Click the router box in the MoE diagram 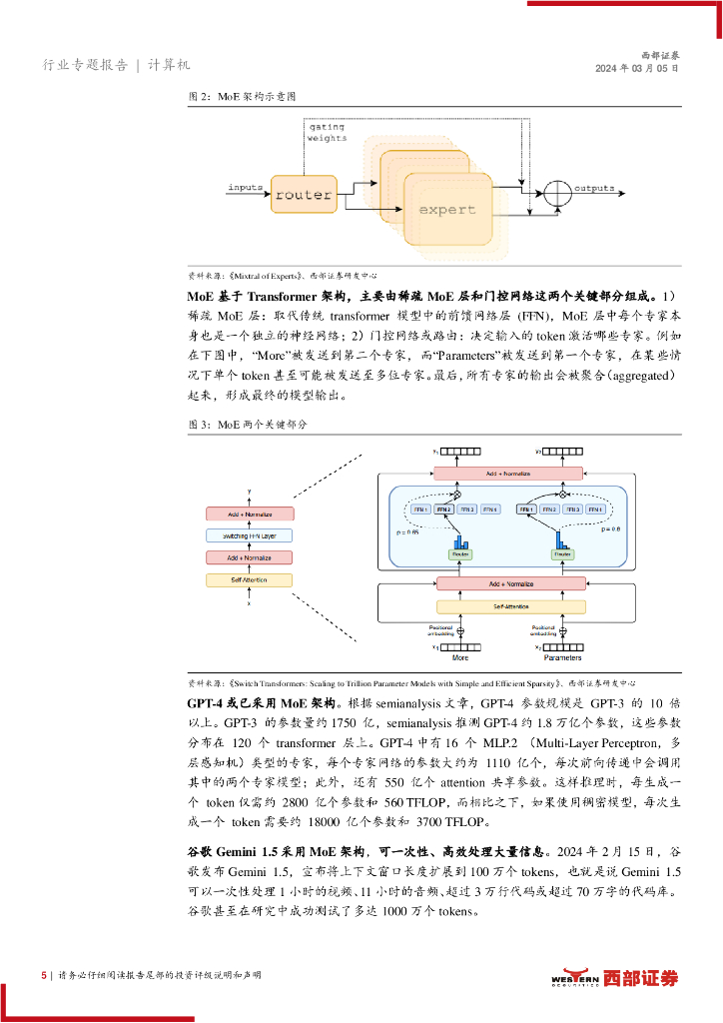pyautogui.click(x=302, y=195)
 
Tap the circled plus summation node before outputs pyautogui.click(x=556, y=189)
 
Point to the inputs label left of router pyautogui.click(x=246, y=188)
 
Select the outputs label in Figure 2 pyautogui.click(x=594, y=188)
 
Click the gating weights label pyautogui.click(x=328, y=134)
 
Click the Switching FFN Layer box pyautogui.click(x=250, y=535)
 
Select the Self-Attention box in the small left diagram pyautogui.click(x=250, y=579)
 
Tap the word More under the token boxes pyautogui.click(x=460, y=658)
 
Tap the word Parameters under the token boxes pyautogui.click(x=562, y=658)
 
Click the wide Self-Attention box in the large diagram pyautogui.click(x=510, y=606)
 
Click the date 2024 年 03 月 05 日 pyautogui.click(x=650, y=68)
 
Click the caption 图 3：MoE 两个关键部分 pyautogui.click(x=249, y=425)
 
